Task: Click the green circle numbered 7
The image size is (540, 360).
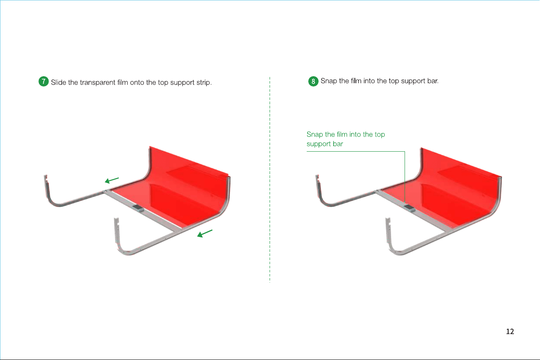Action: [x=44, y=82]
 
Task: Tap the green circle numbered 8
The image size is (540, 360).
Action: [x=313, y=82]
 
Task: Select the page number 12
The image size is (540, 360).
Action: [x=510, y=331]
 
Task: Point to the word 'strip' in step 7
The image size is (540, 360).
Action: [x=204, y=83]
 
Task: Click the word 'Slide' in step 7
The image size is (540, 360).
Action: [x=58, y=82]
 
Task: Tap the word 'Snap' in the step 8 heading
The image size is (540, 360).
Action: [x=329, y=81]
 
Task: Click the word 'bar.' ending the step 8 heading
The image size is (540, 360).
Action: [x=433, y=81]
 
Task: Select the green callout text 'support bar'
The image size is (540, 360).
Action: [x=325, y=144]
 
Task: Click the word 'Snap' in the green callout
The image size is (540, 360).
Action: [x=314, y=135]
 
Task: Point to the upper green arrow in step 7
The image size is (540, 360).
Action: [x=112, y=180]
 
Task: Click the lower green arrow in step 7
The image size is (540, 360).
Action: [x=205, y=234]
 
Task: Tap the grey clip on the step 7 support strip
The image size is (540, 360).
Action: [x=138, y=208]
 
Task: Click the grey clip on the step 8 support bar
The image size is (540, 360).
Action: [x=409, y=208]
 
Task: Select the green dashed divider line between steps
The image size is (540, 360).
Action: [x=270, y=179]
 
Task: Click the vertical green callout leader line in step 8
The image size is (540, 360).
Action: [x=405, y=177]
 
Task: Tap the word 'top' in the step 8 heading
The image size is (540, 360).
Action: [x=394, y=82]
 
